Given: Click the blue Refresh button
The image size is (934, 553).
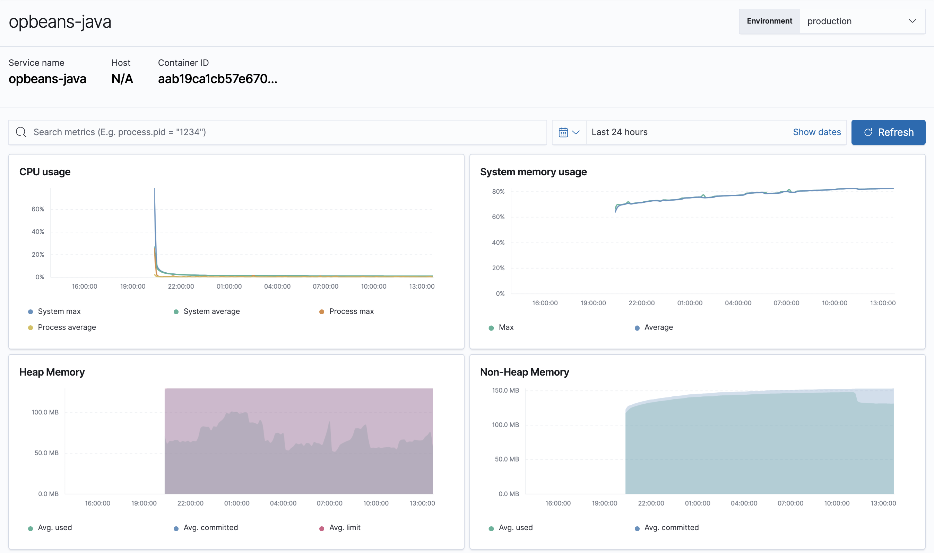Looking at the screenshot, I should pyautogui.click(x=888, y=132).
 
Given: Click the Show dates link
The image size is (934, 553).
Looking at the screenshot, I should pyautogui.click(x=816, y=132).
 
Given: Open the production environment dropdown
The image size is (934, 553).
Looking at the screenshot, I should pyautogui.click(x=862, y=21).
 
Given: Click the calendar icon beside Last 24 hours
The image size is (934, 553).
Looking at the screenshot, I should pyautogui.click(x=563, y=132).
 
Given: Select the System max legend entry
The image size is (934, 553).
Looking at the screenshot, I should pyautogui.click(x=59, y=311).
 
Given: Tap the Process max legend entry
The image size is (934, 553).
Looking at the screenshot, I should pyautogui.click(x=351, y=311).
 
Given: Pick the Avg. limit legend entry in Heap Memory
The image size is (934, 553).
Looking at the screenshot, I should pyautogui.click(x=344, y=527).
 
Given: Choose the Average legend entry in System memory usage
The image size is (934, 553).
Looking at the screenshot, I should pyautogui.click(x=658, y=327).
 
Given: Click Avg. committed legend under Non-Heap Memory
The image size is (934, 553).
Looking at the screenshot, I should pyautogui.click(x=671, y=527).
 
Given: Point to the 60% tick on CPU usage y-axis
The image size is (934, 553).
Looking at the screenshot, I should pyautogui.click(x=38, y=209).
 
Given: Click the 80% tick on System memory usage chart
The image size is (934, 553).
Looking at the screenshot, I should pyautogui.click(x=498, y=192).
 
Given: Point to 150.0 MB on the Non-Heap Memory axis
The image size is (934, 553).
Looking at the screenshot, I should pyautogui.click(x=505, y=390).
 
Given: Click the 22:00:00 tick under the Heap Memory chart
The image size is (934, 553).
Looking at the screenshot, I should pyautogui.click(x=190, y=503).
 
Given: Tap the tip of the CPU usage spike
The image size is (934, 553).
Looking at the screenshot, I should pyautogui.click(x=155, y=189).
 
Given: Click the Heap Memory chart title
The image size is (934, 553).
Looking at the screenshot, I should pyautogui.click(x=52, y=372).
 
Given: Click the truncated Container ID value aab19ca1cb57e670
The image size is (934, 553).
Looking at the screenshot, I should pyautogui.click(x=217, y=79).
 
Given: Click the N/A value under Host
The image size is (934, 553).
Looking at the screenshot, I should pyautogui.click(x=122, y=79).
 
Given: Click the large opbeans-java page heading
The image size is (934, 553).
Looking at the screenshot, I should pyautogui.click(x=60, y=21).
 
